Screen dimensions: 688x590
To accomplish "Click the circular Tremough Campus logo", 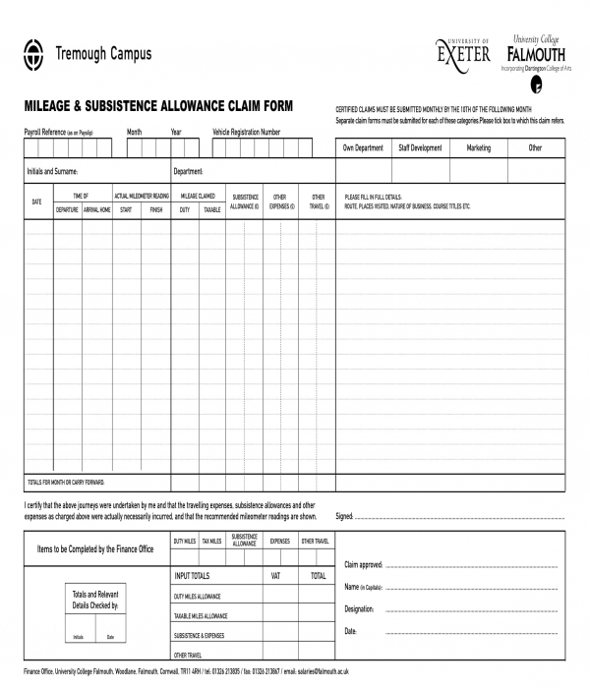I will pos(33,54).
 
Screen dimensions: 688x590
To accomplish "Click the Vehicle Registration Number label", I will pos(247,132).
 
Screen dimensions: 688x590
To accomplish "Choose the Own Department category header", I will pos(363,148).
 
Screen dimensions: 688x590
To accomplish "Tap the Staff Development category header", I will pos(420,148).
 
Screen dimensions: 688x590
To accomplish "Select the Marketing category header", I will pos(478,148).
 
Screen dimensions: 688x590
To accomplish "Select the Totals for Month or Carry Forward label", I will pos(65,482).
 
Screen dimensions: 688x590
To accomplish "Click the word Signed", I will pos(344,516).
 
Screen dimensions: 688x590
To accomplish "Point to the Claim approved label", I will pos(363,565).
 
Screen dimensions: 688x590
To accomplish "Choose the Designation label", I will pos(359,609).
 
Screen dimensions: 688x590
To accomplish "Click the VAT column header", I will pos(276,576).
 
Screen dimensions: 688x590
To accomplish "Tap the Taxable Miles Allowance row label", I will pos(201,616).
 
